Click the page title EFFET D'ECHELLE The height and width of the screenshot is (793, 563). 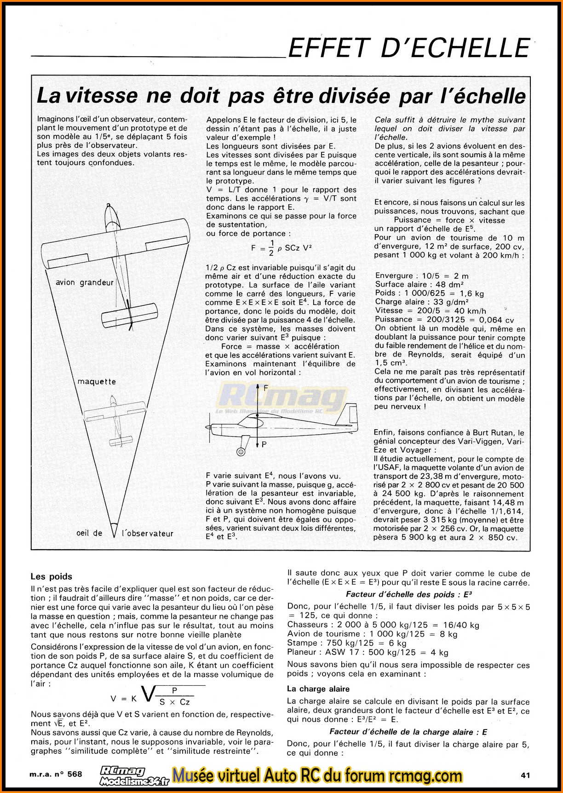coord(408,47)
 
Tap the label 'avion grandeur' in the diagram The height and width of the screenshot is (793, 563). coord(84,282)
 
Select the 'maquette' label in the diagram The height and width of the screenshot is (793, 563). coord(97,381)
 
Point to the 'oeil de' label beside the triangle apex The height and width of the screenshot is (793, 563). coord(89,533)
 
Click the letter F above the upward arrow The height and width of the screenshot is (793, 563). coord(265,388)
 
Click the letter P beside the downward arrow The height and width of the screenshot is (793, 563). coord(264,444)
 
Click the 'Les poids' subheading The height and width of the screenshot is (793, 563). coord(51,576)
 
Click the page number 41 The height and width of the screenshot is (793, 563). coord(526,775)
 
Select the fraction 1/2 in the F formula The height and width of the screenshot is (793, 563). coord(272,247)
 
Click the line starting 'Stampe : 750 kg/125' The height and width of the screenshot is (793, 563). coord(347,643)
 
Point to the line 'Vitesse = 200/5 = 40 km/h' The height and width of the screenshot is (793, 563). coord(431,310)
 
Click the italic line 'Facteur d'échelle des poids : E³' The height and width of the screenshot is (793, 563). coord(409,594)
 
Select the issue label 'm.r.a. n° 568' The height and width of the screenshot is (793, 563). coord(57,774)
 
